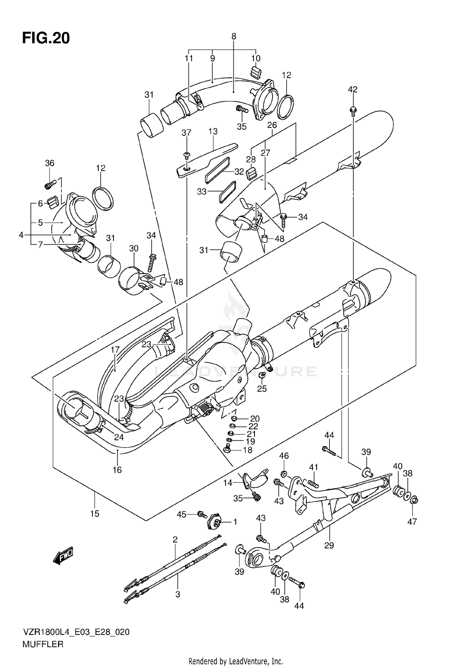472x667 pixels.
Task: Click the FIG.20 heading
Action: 46,38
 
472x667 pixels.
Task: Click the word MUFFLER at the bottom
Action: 43,644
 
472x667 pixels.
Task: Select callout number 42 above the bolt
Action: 352,90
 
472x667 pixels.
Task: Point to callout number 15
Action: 94,514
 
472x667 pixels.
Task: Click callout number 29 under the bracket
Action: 329,545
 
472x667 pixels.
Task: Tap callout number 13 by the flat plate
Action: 213,131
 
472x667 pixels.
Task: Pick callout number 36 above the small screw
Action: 49,163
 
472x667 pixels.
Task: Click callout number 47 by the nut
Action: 412,522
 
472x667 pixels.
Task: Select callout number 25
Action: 262,389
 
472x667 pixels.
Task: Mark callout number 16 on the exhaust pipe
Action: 117,470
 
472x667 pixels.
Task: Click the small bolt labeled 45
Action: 201,515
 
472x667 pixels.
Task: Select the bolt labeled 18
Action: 227,450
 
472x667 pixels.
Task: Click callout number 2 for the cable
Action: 175,540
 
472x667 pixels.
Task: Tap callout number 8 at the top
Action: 233,37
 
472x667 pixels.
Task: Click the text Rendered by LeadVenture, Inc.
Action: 236,661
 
